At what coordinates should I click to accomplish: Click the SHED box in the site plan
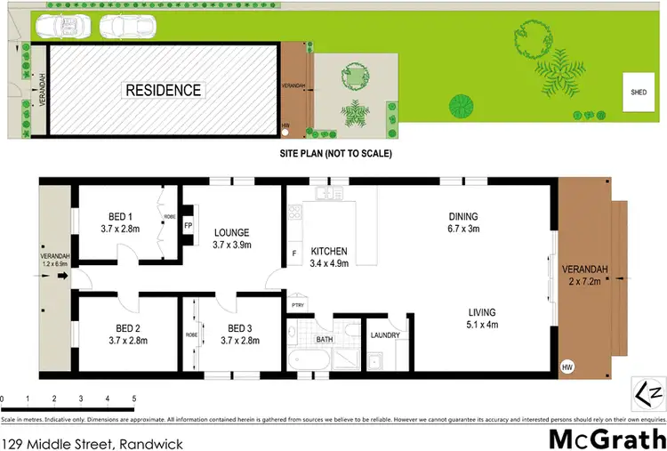coord(639,93)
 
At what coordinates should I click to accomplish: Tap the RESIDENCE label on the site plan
coord(163,90)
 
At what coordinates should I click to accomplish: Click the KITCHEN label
coord(328,252)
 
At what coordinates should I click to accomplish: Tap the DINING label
coord(463,216)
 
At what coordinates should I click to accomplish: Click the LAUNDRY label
coord(385,335)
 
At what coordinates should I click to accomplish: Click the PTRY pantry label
coord(297,305)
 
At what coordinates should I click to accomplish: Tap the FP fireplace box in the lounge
coord(188,225)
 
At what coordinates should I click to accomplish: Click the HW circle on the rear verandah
coord(566,366)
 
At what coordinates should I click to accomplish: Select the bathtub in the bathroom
coord(308,360)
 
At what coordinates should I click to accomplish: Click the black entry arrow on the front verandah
coord(62,276)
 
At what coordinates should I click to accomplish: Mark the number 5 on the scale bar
coord(134,399)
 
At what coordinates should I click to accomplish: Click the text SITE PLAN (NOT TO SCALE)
coord(335,154)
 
